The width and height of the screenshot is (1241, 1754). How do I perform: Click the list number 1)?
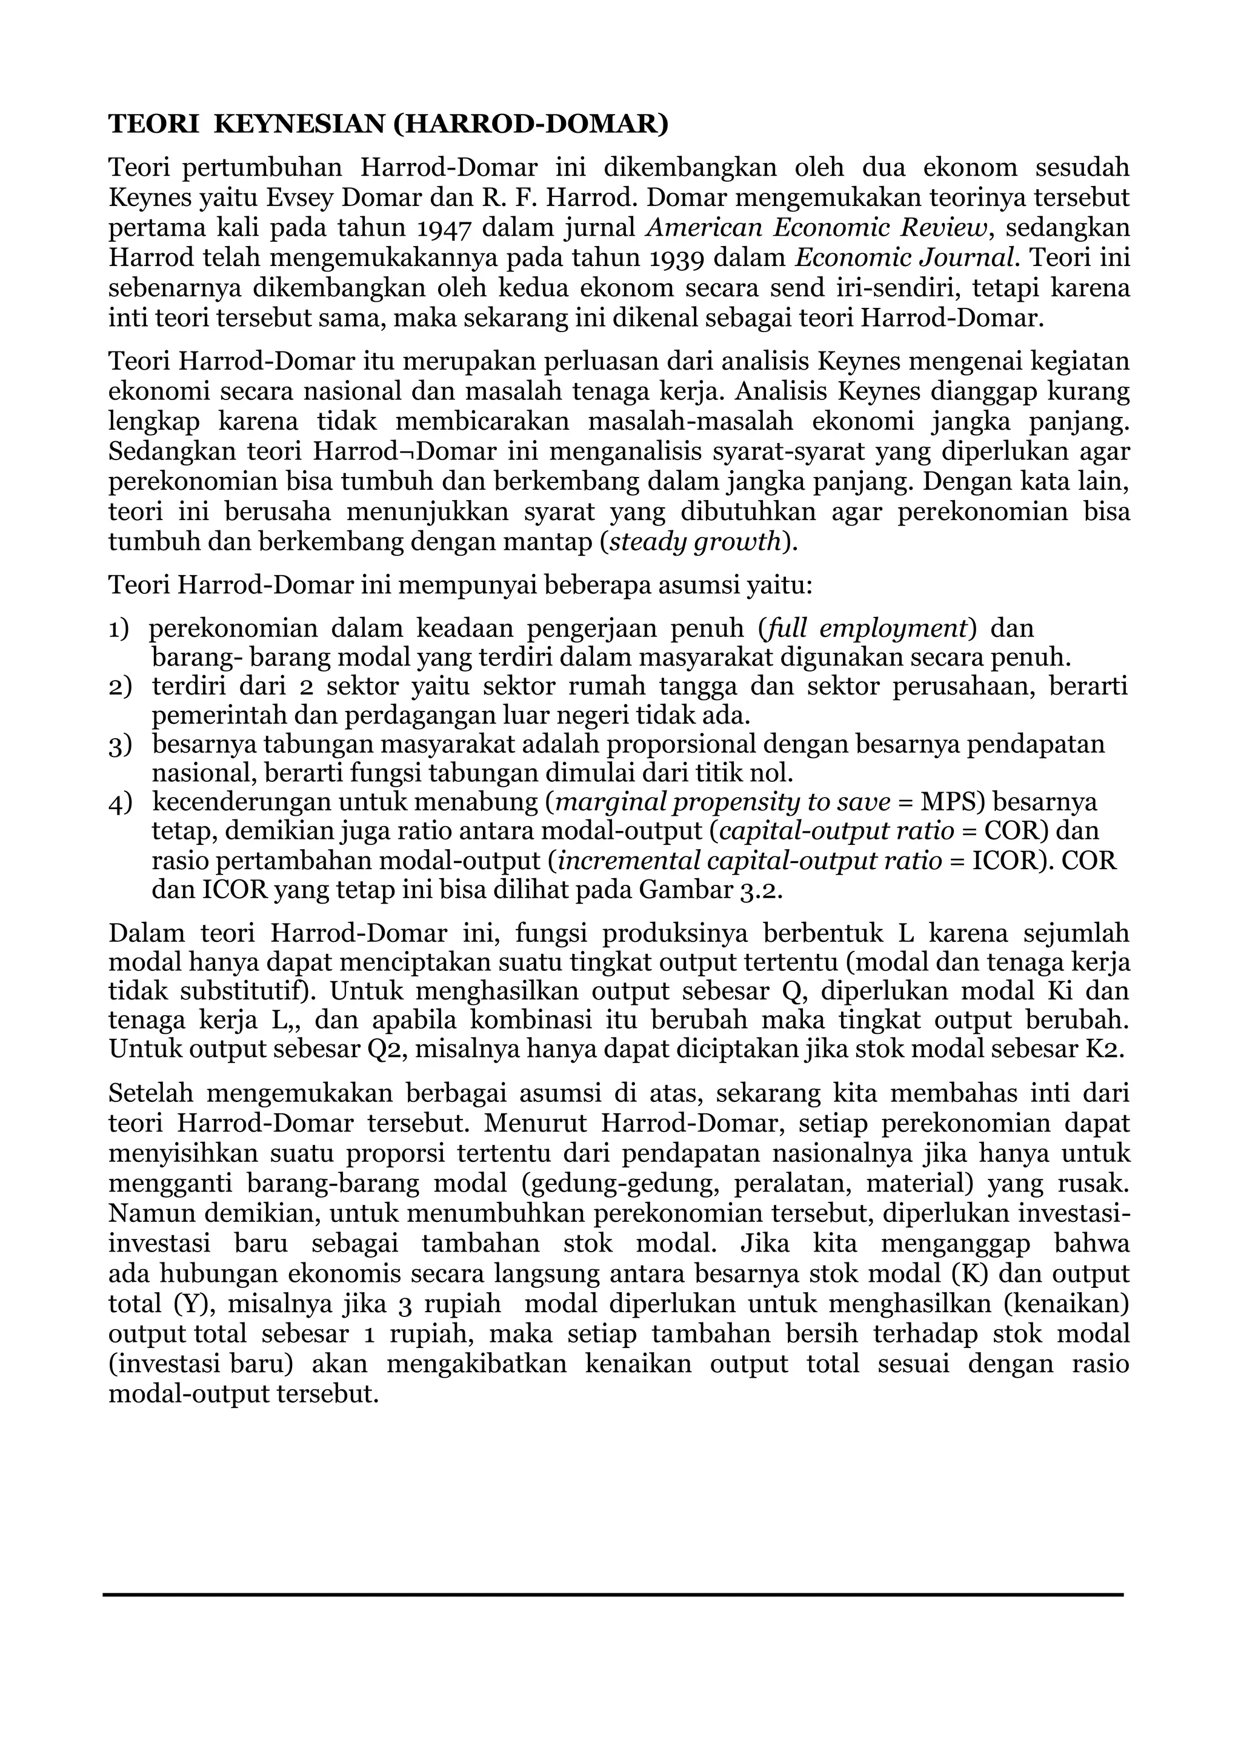click(x=119, y=629)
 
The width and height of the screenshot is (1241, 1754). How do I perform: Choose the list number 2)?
click(x=120, y=686)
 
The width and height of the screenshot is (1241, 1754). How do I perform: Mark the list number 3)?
click(x=120, y=744)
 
